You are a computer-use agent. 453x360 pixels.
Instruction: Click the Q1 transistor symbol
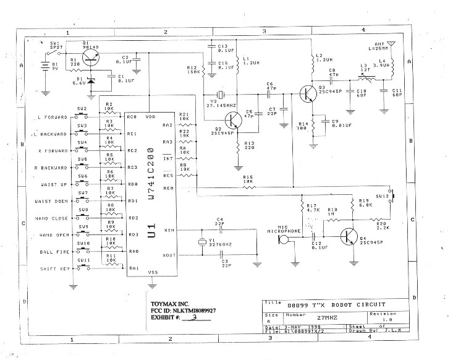click(91, 58)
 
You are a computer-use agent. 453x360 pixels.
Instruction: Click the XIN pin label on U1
click(169, 230)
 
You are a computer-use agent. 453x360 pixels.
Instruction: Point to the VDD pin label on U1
click(150, 117)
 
